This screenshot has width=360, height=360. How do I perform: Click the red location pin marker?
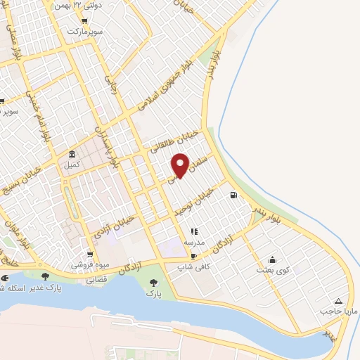181,165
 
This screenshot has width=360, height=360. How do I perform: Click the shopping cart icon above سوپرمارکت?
84,21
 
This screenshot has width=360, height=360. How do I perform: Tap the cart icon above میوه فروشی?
89,255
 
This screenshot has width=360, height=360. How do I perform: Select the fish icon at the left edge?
4,278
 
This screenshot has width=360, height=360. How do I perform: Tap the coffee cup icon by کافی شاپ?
194,257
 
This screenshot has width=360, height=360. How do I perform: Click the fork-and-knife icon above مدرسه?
195,231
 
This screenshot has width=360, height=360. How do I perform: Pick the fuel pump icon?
233,195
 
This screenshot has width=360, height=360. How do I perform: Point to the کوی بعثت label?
272,271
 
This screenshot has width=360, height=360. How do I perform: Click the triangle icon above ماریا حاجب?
340,300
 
